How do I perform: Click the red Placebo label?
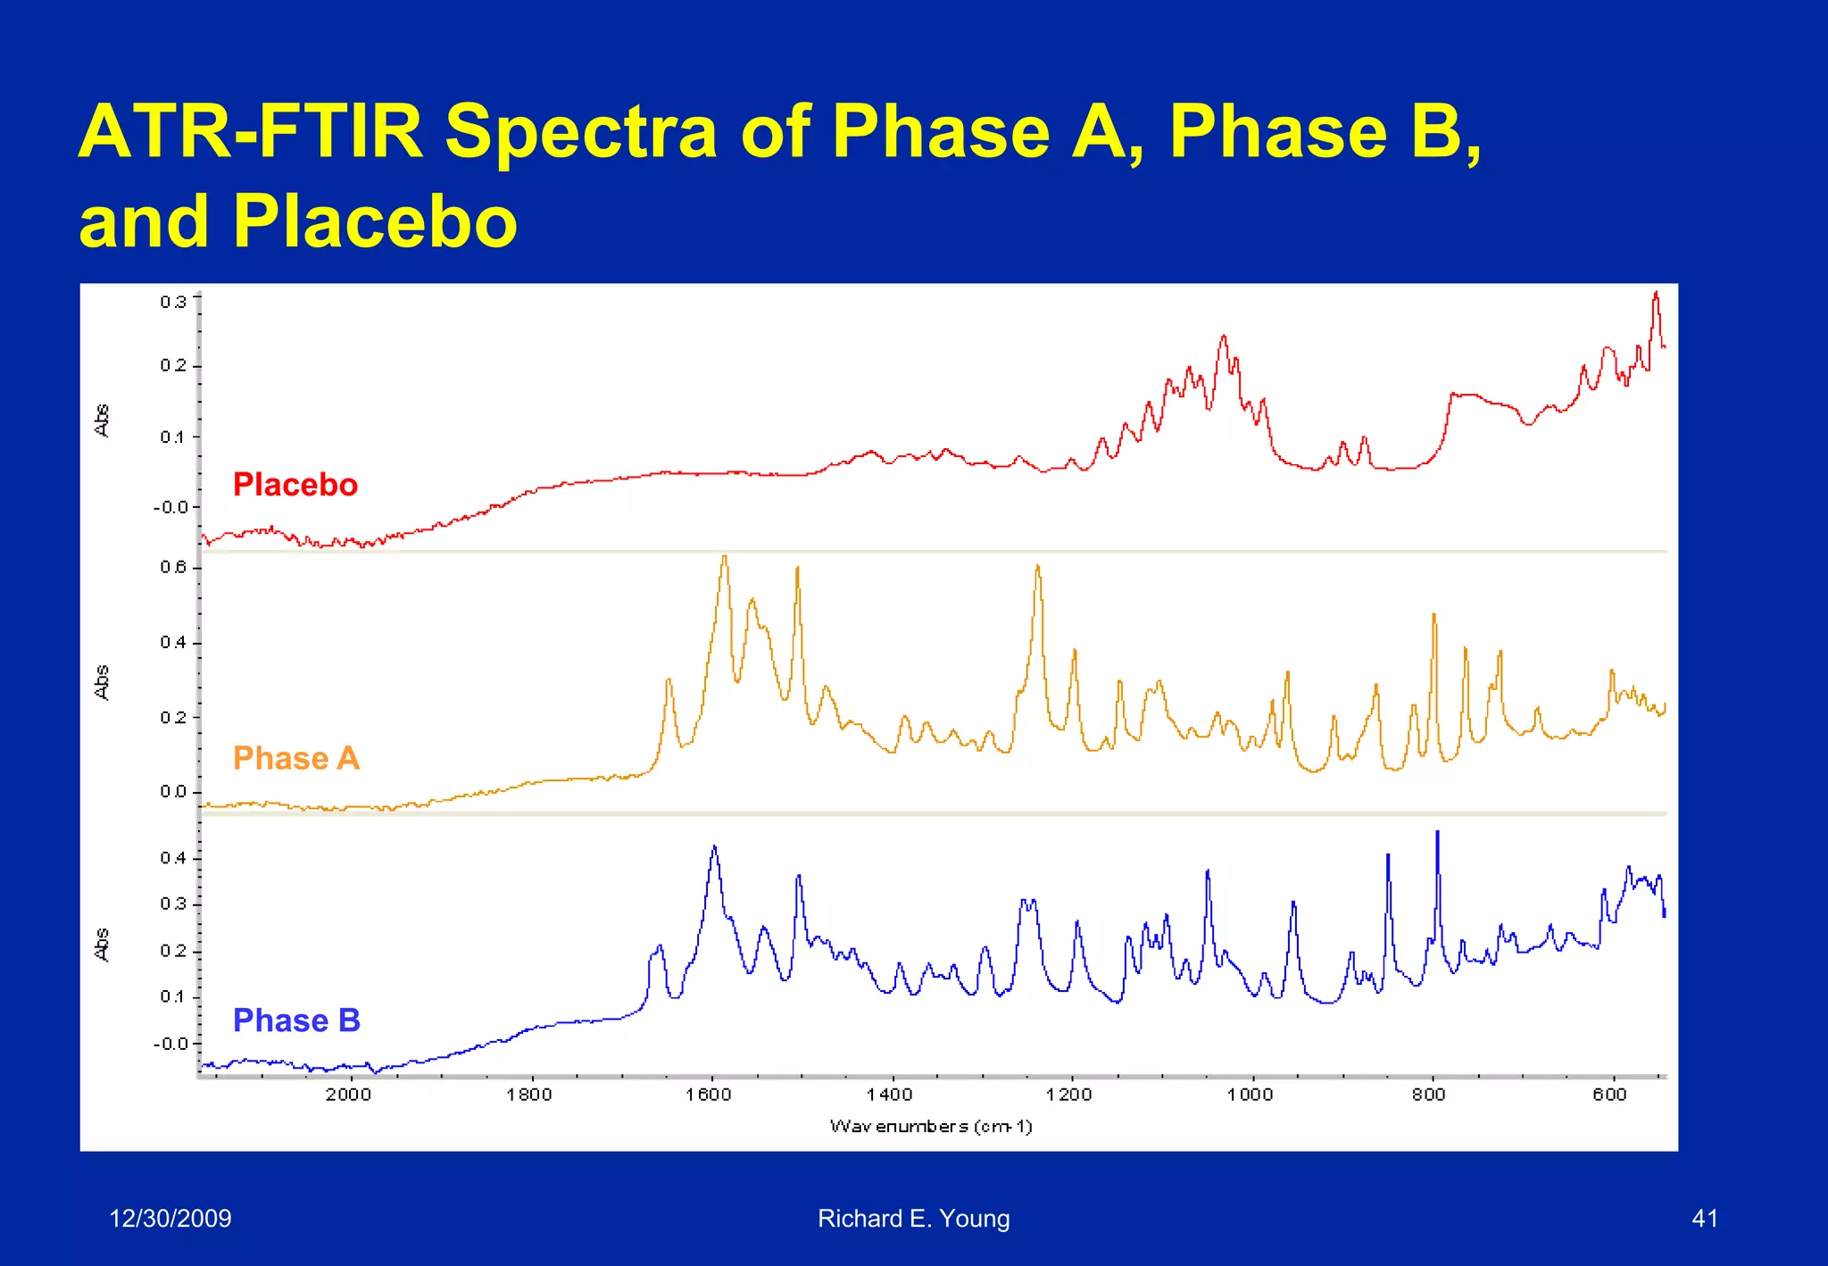click(295, 485)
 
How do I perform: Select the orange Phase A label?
click(295, 758)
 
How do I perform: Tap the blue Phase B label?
click(296, 1020)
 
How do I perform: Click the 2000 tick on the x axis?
click(348, 1095)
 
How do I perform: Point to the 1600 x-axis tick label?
click(709, 1095)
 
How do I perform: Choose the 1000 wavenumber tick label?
click(1250, 1095)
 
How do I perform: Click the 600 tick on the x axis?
click(1609, 1095)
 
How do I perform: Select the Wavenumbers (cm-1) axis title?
click(931, 1126)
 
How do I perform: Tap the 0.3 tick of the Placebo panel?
click(173, 302)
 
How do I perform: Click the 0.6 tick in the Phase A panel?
click(173, 568)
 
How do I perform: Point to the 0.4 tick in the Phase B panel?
click(173, 858)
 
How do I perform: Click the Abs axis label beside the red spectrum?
click(102, 421)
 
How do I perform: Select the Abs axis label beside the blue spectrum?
click(102, 944)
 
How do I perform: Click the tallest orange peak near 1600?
click(724, 559)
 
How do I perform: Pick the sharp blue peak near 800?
click(1437, 834)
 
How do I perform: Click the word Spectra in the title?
click(581, 132)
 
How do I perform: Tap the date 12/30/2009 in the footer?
click(170, 1218)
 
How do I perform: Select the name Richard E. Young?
click(913, 1218)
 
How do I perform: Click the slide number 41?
click(1704, 1218)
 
